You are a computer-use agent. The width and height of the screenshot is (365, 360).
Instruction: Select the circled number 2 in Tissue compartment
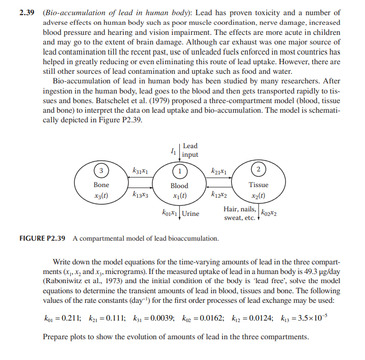click(x=258, y=168)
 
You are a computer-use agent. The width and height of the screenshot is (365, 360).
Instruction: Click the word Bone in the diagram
click(x=101, y=185)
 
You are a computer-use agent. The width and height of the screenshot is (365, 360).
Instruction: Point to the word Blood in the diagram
click(x=179, y=186)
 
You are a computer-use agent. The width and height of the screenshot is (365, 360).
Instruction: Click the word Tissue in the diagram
click(x=259, y=185)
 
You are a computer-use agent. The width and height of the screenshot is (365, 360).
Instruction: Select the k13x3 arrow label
click(x=140, y=194)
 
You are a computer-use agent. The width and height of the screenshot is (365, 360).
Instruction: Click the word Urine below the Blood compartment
click(x=191, y=214)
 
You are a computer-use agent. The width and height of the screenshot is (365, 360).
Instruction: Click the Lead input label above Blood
click(x=190, y=150)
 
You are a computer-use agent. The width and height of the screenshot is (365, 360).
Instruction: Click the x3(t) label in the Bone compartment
click(x=101, y=195)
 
